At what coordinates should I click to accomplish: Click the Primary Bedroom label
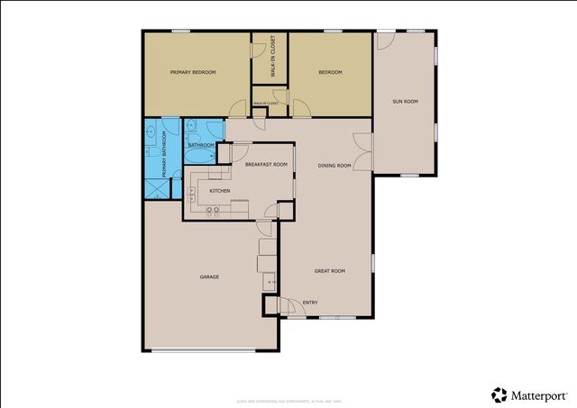(x=193, y=72)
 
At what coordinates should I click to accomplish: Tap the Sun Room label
(x=405, y=102)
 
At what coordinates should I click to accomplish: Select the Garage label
(x=209, y=277)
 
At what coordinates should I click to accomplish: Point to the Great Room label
(x=329, y=271)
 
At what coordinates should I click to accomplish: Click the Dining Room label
(x=334, y=165)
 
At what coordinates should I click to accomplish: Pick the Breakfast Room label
(x=267, y=164)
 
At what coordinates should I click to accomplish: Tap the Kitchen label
(x=220, y=191)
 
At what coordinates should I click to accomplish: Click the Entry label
(x=310, y=303)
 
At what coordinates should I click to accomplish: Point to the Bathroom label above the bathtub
(x=200, y=145)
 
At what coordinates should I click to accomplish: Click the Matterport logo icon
(x=499, y=394)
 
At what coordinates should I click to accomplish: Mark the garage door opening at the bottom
(x=209, y=350)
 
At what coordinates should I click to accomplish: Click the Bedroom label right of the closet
(x=330, y=72)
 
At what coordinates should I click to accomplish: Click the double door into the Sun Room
(x=362, y=151)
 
